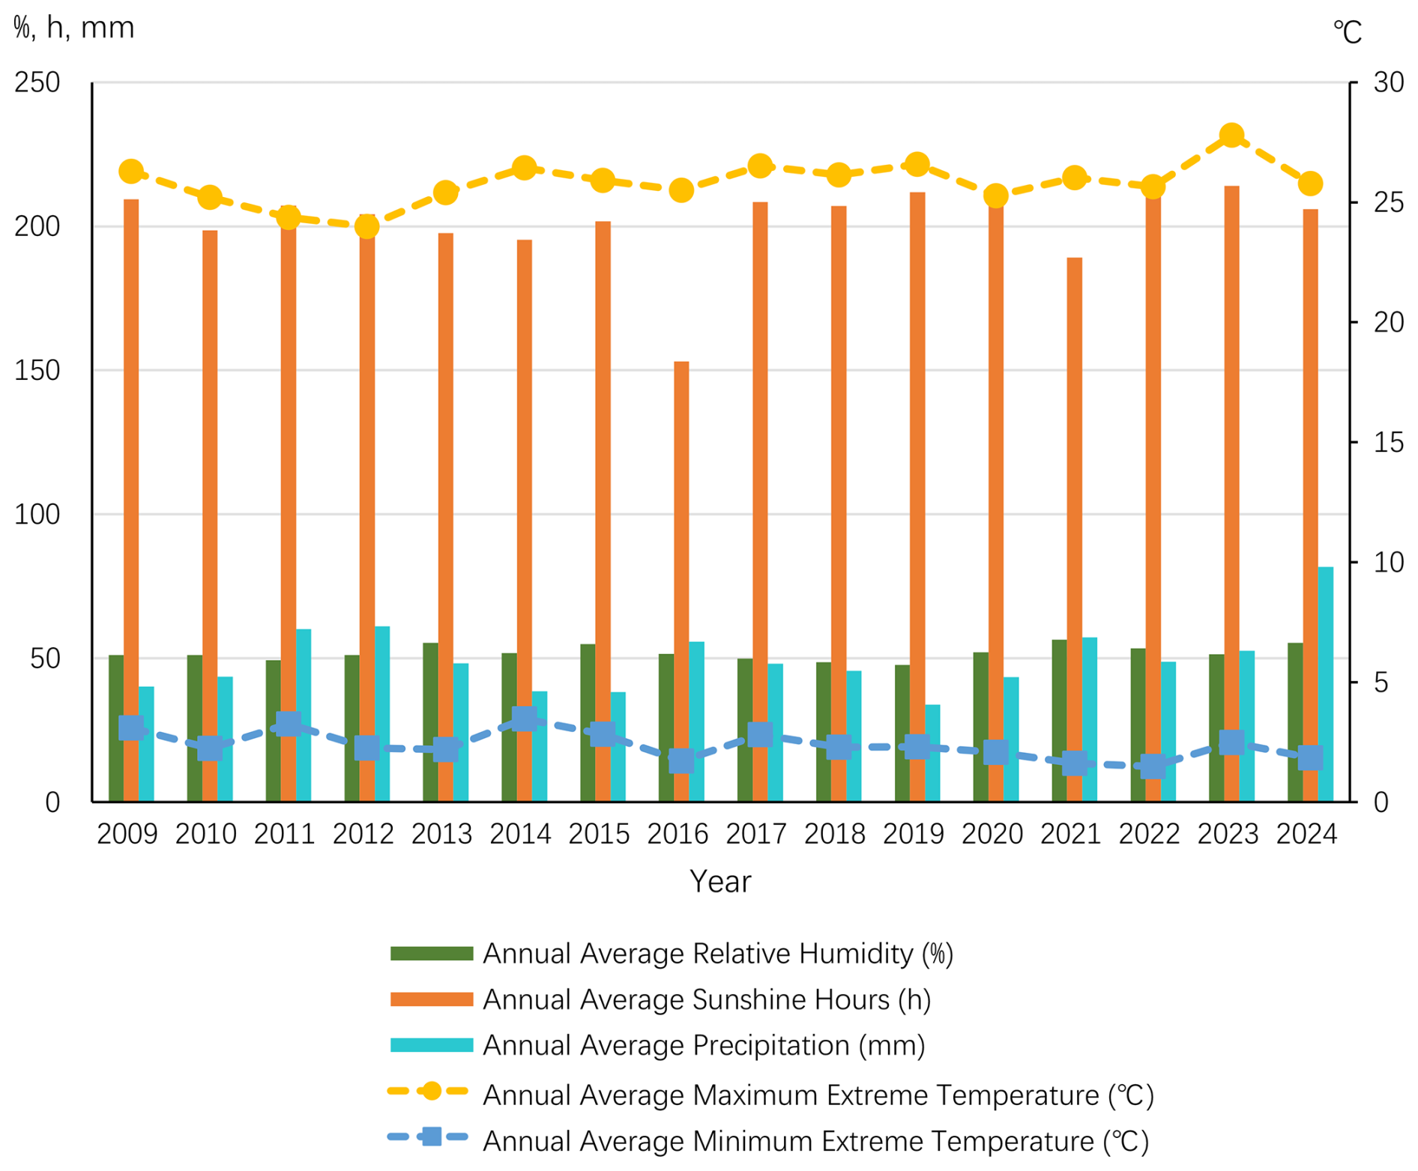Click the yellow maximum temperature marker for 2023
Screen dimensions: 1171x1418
pyautogui.click(x=1231, y=136)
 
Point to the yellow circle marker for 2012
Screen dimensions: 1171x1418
pyautogui.click(x=366, y=226)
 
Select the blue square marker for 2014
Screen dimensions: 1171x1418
pyautogui.click(x=524, y=718)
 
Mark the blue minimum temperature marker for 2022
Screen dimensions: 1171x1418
pyautogui.click(x=1153, y=766)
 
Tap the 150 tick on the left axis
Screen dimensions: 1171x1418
pyautogui.click(x=37, y=370)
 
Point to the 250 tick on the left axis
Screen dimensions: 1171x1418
pyautogui.click(x=37, y=82)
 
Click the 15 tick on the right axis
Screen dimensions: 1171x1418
pyautogui.click(x=1388, y=443)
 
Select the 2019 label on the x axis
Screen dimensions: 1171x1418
pyautogui.click(x=913, y=834)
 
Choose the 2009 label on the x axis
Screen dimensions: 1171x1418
pyautogui.click(x=127, y=834)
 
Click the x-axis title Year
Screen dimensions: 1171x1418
pyautogui.click(x=719, y=882)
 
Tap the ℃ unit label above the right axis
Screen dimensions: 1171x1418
pyautogui.click(x=1347, y=32)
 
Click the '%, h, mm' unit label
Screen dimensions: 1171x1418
pyautogui.click(x=73, y=28)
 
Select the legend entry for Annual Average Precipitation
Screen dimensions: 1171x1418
pyautogui.click(x=703, y=1045)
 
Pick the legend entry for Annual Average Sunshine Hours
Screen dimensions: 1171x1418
pyautogui.click(x=706, y=999)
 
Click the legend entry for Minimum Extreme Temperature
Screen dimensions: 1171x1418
pyautogui.click(x=815, y=1141)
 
